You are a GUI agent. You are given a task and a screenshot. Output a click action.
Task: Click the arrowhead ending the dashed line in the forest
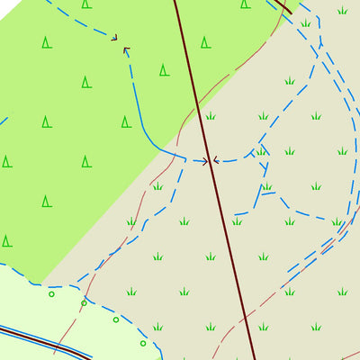click(x=114, y=38)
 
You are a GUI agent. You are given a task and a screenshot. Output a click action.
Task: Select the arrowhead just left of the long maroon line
click(x=205, y=162)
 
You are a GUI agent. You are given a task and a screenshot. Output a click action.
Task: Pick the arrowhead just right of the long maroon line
click(x=216, y=161)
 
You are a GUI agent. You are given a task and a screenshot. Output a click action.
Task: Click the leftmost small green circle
click(x=51, y=294)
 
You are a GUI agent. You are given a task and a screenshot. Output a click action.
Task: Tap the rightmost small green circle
click(x=142, y=342)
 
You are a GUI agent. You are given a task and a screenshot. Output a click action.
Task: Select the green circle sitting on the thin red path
click(x=84, y=303)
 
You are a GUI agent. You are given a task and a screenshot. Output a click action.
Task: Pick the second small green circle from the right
click(x=116, y=319)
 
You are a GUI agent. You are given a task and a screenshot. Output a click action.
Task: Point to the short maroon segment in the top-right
click(x=283, y=7)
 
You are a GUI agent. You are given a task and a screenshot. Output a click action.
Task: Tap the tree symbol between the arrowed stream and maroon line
click(x=165, y=69)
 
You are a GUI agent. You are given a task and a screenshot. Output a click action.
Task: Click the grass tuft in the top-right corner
click(x=342, y=11)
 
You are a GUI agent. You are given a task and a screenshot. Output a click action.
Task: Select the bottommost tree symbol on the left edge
click(x=7, y=240)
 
